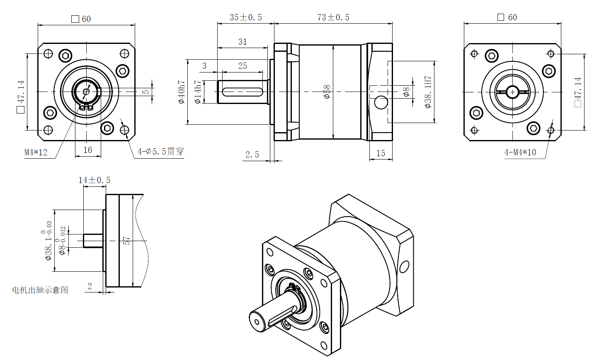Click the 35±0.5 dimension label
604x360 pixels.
tap(246, 17)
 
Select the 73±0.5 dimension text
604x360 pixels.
tap(333, 17)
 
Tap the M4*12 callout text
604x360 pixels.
tap(36, 152)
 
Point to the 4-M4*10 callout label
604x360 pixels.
tap(520, 152)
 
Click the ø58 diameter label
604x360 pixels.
tap(327, 92)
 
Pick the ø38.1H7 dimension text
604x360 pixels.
tap(428, 92)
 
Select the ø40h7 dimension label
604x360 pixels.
tap(182, 92)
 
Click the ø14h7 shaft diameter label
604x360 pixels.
tap(198, 92)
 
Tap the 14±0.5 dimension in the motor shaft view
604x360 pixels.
tap(95, 180)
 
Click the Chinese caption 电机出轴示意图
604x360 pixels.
tap(40, 290)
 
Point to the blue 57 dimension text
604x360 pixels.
tap(126, 241)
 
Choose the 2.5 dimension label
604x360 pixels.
tap(252, 155)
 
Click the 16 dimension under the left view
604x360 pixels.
tap(88, 150)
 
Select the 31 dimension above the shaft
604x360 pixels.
tap(243, 42)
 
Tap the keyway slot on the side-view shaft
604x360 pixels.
tap(243, 92)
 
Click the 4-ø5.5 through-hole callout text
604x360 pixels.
tap(160, 152)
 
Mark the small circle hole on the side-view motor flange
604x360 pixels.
tap(381, 102)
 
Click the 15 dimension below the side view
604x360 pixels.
tap(381, 153)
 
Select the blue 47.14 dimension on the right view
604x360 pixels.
tap(578, 92)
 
